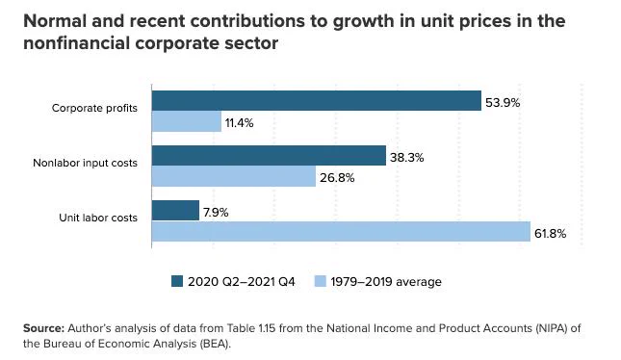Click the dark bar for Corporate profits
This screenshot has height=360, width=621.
[317, 101]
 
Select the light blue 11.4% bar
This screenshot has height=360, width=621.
[187, 121]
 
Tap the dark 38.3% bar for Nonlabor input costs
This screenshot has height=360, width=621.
[269, 156]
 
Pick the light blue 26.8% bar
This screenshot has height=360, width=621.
[234, 176]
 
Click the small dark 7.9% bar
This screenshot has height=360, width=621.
[175, 210]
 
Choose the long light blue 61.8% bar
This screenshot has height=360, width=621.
[341, 231]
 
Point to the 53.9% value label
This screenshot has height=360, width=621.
[503, 103]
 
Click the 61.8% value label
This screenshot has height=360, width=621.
[550, 234]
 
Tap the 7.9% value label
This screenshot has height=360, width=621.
[216, 213]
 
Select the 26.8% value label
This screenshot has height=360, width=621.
[337, 178]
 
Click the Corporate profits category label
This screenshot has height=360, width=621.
[94, 108]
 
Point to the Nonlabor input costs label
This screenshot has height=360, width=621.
[85, 163]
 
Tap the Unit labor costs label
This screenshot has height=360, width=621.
[98, 218]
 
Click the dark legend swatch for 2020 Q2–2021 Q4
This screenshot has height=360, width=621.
[177, 281]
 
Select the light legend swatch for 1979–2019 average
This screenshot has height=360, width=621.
[320, 281]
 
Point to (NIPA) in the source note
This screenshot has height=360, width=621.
[553, 328]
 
